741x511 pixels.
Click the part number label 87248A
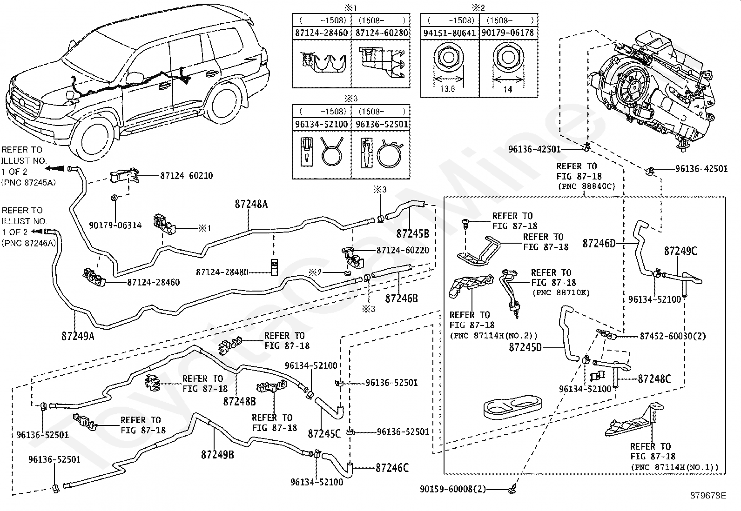(251, 204)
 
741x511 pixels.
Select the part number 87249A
(78, 335)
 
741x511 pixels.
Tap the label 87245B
(413, 233)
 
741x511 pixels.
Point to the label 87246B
(401, 298)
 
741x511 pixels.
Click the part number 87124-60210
(187, 176)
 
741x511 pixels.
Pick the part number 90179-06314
(115, 226)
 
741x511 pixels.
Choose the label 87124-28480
(222, 272)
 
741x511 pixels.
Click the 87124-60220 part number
(403, 250)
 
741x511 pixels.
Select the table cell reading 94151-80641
(450, 33)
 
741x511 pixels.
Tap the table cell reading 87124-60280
(382, 33)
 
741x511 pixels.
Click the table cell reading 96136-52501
(382, 125)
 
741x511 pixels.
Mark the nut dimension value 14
(508, 89)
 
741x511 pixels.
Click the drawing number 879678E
(708, 496)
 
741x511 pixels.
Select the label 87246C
(392, 468)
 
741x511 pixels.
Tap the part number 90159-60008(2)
(452, 489)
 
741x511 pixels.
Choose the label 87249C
(680, 251)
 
